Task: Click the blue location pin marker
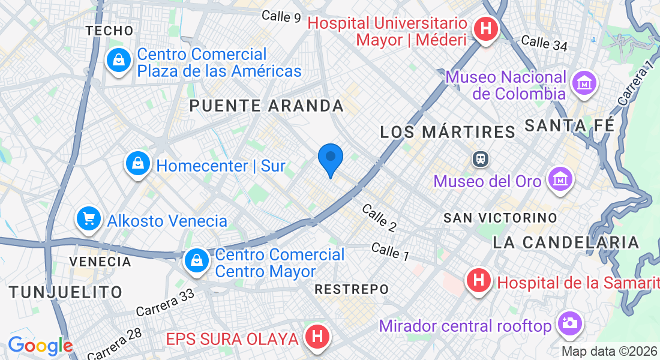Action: pyautogui.click(x=330, y=159)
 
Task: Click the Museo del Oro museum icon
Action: pyautogui.click(x=559, y=179)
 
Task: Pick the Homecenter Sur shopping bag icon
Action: pyautogui.click(x=138, y=163)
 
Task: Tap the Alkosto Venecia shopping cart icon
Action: pyautogui.click(x=89, y=220)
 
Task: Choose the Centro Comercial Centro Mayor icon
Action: pyautogui.click(x=196, y=261)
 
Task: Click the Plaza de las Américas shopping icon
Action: pyautogui.click(x=119, y=61)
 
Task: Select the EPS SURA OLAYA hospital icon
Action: pyautogui.click(x=318, y=337)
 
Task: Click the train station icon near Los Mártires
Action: pyautogui.click(x=481, y=159)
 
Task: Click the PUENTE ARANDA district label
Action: pyautogui.click(x=266, y=106)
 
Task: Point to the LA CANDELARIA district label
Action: pyautogui.click(x=566, y=242)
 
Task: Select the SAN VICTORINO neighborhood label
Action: pyautogui.click(x=500, y=218)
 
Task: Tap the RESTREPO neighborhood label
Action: pyautogui.click(x=352, y=289)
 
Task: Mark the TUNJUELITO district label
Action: pyautogui.click(x=66, y=292)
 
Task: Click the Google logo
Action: pyautogui.click(x=40, y=346)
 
